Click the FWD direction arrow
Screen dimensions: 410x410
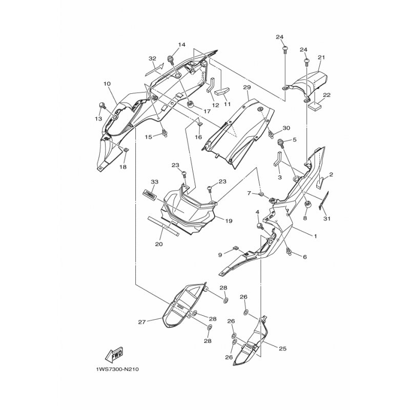coord(114,355)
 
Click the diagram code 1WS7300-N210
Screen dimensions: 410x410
coord(118,370)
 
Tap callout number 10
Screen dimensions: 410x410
coord(107,84)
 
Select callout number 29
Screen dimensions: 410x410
coord(247,87)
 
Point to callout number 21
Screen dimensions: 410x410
coord(321,57)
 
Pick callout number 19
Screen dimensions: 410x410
coord(229,221)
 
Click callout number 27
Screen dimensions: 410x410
coord(142,322)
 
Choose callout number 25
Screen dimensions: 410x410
coord(282,348)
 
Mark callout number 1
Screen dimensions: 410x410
coord(315,236)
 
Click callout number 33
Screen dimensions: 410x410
coord(155,181)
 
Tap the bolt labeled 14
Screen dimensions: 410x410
coord(172,59)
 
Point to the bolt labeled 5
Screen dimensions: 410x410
coord(281,143)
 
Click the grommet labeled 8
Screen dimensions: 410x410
coord(307,204)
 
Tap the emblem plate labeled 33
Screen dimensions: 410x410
coord(149,195)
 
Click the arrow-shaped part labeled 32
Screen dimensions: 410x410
coord(155,70)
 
